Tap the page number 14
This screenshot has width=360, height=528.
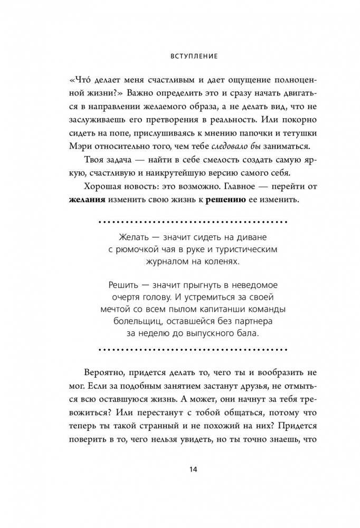[180, 470]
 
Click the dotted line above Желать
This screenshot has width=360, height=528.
[179, 218]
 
